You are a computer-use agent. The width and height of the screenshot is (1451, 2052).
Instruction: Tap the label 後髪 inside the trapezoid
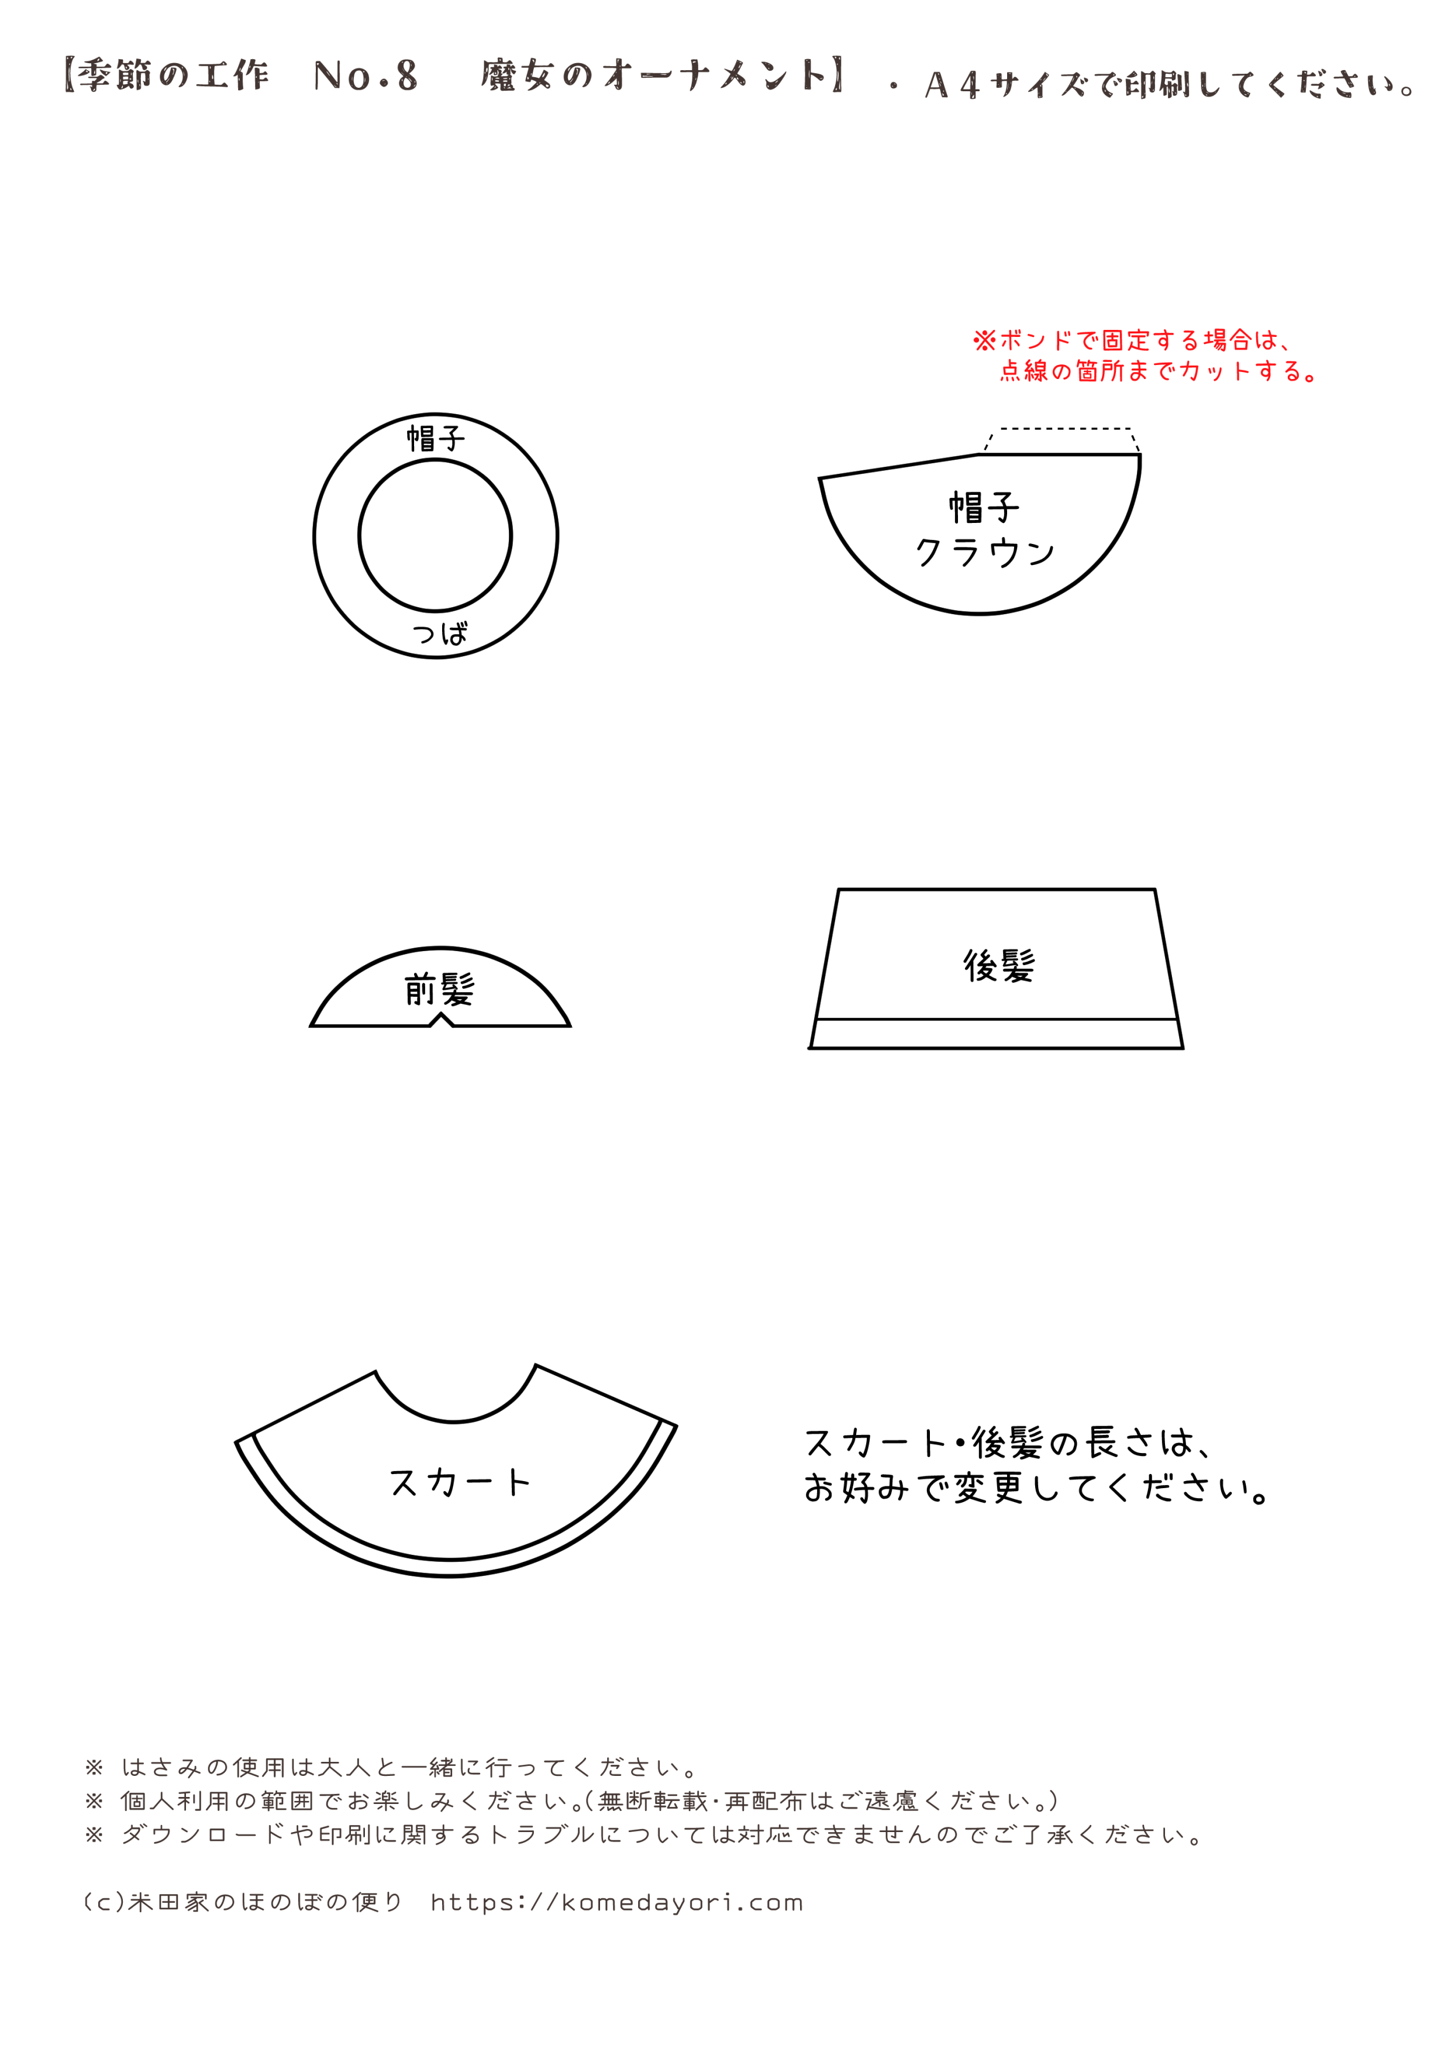(999, 965)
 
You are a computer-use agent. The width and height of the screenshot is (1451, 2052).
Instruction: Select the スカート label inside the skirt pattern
(460, 1482)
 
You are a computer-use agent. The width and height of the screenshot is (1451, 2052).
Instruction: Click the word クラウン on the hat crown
(985, 552)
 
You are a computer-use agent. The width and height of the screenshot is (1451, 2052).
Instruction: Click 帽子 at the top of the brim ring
(436, 438)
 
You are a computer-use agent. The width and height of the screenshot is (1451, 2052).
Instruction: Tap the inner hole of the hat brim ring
(435, 535)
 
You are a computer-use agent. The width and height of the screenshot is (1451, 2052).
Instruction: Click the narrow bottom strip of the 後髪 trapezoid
(996, 1034)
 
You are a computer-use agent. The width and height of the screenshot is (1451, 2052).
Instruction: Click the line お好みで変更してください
(1036, 1488)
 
